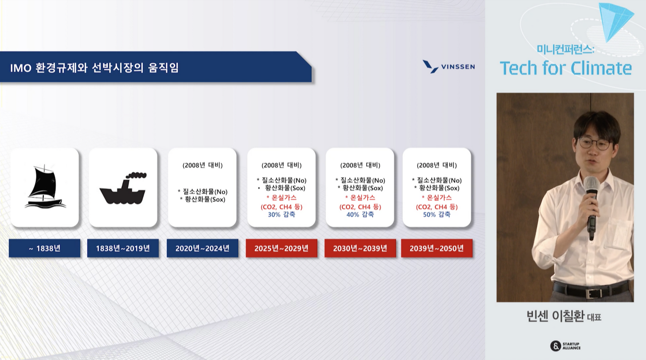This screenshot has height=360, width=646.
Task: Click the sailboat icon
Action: tap(45, 186)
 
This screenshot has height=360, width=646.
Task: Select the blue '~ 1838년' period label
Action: tap(45, 248)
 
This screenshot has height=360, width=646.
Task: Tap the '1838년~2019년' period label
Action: tap(123, 248)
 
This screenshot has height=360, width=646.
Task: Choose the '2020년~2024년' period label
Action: tap(202, 248)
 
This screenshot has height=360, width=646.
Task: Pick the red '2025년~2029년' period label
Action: tap(282, 248)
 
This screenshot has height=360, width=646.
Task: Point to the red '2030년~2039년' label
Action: tap(360, 248)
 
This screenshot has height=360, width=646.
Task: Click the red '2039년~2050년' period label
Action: tap(437, 248)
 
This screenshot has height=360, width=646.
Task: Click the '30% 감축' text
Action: tap(282, 215)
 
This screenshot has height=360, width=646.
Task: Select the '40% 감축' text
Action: tap(360, 215)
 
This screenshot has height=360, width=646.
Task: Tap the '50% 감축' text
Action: tap(437, 215)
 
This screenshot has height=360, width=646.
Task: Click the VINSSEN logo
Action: tap(449, 67)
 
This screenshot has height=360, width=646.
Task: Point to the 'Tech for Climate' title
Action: tap(566, 68)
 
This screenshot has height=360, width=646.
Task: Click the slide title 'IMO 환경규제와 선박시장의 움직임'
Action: tap(94, 68)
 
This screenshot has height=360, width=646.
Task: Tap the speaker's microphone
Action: tap(591, 207)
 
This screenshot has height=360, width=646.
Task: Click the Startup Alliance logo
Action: tap(566, 345)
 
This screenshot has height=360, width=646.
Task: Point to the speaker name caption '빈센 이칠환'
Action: tap(556, 316)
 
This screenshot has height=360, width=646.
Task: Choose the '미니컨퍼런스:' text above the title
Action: tap(566, 49)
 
